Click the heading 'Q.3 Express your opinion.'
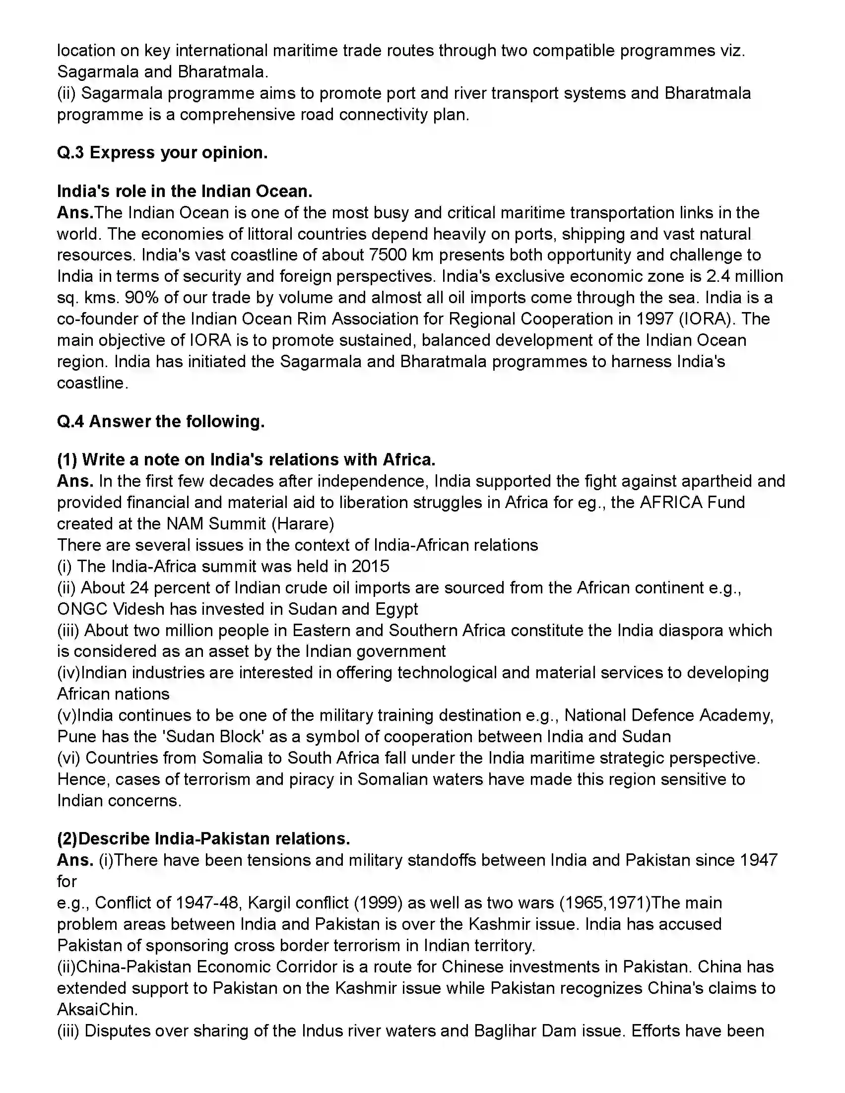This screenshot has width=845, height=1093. click(162, 153)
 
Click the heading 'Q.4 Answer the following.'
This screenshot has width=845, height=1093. click(161, 421)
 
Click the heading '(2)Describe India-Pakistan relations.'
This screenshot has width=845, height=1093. click(204, 838)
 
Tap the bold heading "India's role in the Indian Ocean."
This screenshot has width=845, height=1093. click(185, 191)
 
